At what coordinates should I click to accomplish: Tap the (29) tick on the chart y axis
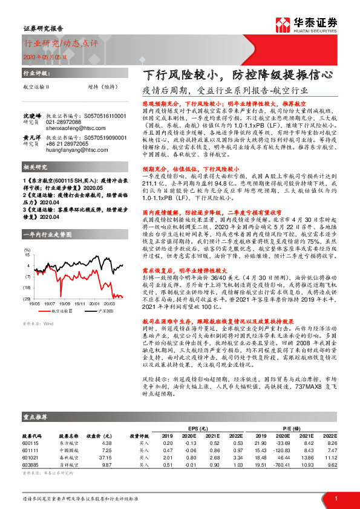click(x=27, y=299)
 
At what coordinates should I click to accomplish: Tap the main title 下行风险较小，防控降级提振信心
click(x=235, y=77)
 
